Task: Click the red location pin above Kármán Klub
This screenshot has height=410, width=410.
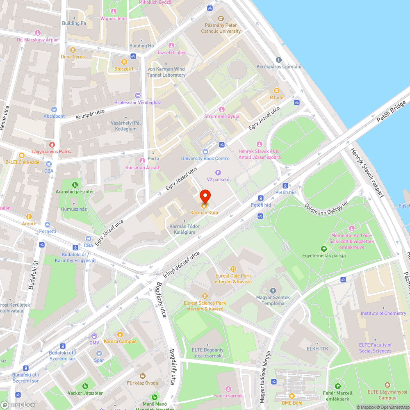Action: (x=205, y=196)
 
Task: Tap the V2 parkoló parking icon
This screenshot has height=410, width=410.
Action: (x=218, y=173)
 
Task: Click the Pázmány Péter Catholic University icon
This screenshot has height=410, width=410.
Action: (x=221, y=18)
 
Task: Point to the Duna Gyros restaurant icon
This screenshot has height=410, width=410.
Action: (x=73, y=50)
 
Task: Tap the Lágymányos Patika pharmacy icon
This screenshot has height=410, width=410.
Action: (x=52, y=145)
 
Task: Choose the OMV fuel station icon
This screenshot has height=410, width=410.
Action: (x=94, y=336)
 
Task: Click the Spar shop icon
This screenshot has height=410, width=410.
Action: (x=99, y=353)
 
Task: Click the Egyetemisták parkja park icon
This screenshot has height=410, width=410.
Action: (x=324, y=249)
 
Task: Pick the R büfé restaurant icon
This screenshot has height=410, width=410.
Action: (x=276, y=91)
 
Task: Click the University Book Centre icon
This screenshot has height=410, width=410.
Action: (x=205, y=152)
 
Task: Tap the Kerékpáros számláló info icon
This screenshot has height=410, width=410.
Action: (x=279, y=60)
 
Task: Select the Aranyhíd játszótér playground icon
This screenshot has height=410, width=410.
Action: (x=75, y=185)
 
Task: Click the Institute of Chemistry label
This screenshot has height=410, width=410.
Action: (x=383, y=313)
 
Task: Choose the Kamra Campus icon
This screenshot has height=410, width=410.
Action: (x=120, y=335)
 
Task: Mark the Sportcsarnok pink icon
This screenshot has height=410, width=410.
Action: (x=228, y=389)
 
